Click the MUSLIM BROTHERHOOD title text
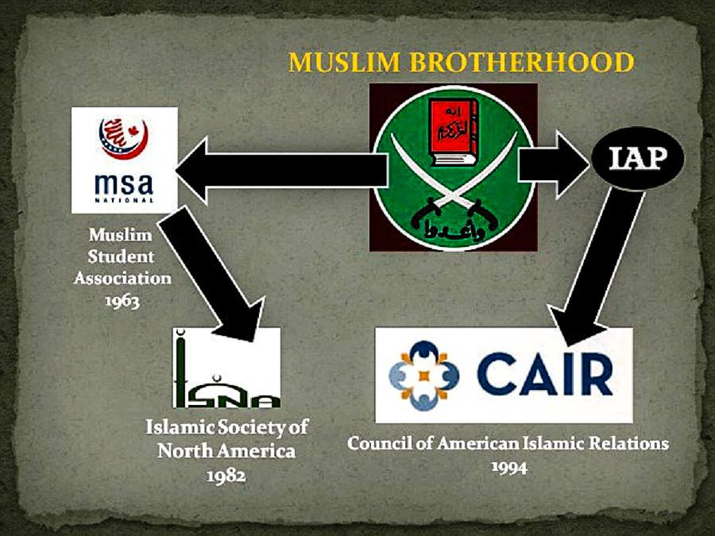click(461, 62)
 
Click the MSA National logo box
click(125, 160)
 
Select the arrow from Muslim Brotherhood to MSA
click(278, 168)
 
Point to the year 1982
click(226, 475)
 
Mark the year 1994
click(508, 466)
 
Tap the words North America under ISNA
click(226, 451)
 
